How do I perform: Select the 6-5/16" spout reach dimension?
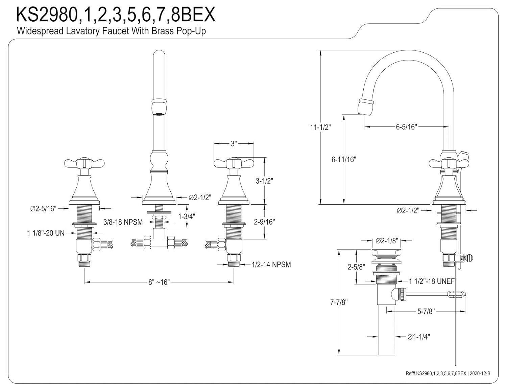407,127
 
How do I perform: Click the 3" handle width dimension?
233,144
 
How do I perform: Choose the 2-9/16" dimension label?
264,222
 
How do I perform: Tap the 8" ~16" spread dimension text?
159,282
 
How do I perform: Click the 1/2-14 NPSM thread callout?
271,264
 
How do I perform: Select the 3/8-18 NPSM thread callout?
123,222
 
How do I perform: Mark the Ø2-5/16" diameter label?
43,209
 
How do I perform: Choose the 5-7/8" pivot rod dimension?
425,312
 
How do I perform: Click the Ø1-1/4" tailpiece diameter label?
418,337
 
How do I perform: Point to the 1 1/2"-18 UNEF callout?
432,281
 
